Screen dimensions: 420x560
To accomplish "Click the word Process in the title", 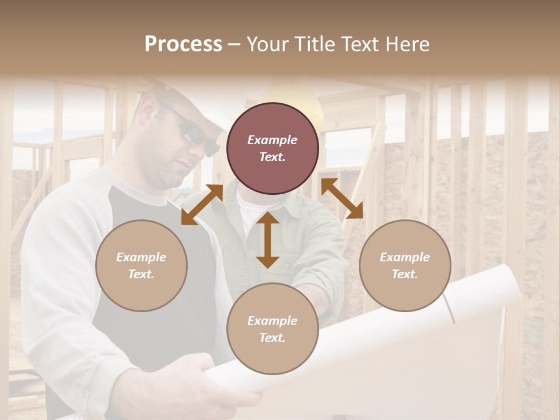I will (x=183, y=44).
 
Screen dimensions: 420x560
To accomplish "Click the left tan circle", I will (x=141, y=265).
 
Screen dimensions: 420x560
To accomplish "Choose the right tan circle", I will (x=405, y=265).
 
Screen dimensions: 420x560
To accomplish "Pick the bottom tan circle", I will (x=272, y=329).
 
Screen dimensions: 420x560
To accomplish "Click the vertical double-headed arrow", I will (x=268, y=240).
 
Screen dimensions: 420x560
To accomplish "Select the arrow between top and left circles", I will (x=202, y=204).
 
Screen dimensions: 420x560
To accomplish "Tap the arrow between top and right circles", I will (x=342, y=199).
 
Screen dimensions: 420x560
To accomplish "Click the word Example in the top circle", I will (x=272, y=140).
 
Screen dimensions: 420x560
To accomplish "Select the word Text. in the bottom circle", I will (x=272, y=338).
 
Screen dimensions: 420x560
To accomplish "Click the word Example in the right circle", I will (x=405, y=257).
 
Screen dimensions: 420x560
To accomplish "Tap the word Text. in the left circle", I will (x=141, y=274).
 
